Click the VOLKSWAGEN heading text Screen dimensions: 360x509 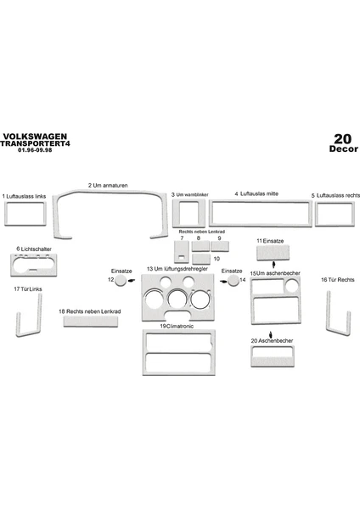35,137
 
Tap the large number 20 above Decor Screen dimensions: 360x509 343,139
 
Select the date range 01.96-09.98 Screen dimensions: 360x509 35,150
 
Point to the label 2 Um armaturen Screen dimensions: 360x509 108,185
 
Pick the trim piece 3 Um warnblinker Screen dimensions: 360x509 176,213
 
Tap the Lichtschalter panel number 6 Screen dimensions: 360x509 33,266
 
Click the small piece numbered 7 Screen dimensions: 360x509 182,252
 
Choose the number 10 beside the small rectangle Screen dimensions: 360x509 217,259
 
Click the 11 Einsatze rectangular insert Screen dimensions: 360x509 273,253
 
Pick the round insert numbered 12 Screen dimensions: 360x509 121,281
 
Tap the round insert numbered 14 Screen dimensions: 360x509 233,281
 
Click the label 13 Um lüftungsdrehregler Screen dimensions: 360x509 177,269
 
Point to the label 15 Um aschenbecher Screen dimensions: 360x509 275,273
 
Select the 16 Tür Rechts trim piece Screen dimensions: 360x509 329,311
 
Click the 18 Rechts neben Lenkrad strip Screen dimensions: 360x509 91,321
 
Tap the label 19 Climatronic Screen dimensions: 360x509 177,327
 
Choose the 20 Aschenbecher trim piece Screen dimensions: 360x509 273,362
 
